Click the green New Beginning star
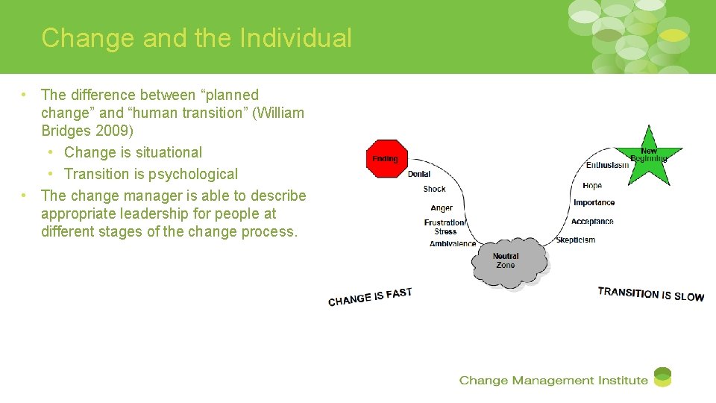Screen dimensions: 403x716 click(649, 155)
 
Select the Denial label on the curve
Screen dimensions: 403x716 click(419, 174)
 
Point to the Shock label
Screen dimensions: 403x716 click(434, 189)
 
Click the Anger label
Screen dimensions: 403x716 click(442, 208)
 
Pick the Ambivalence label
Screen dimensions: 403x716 click(453, 243)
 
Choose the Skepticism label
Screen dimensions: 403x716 click(576, 240)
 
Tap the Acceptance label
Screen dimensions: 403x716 click(592, 222)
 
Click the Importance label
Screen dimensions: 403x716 click(594, 203)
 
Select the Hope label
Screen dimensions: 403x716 click(592, 185)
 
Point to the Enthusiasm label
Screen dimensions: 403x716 click(607, 165)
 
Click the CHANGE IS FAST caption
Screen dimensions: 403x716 click(370, 297)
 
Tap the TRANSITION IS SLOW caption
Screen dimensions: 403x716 click(650, 294)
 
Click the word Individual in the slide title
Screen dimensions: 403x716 click(295, 37)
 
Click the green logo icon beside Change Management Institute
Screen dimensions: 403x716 click(662, 378)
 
